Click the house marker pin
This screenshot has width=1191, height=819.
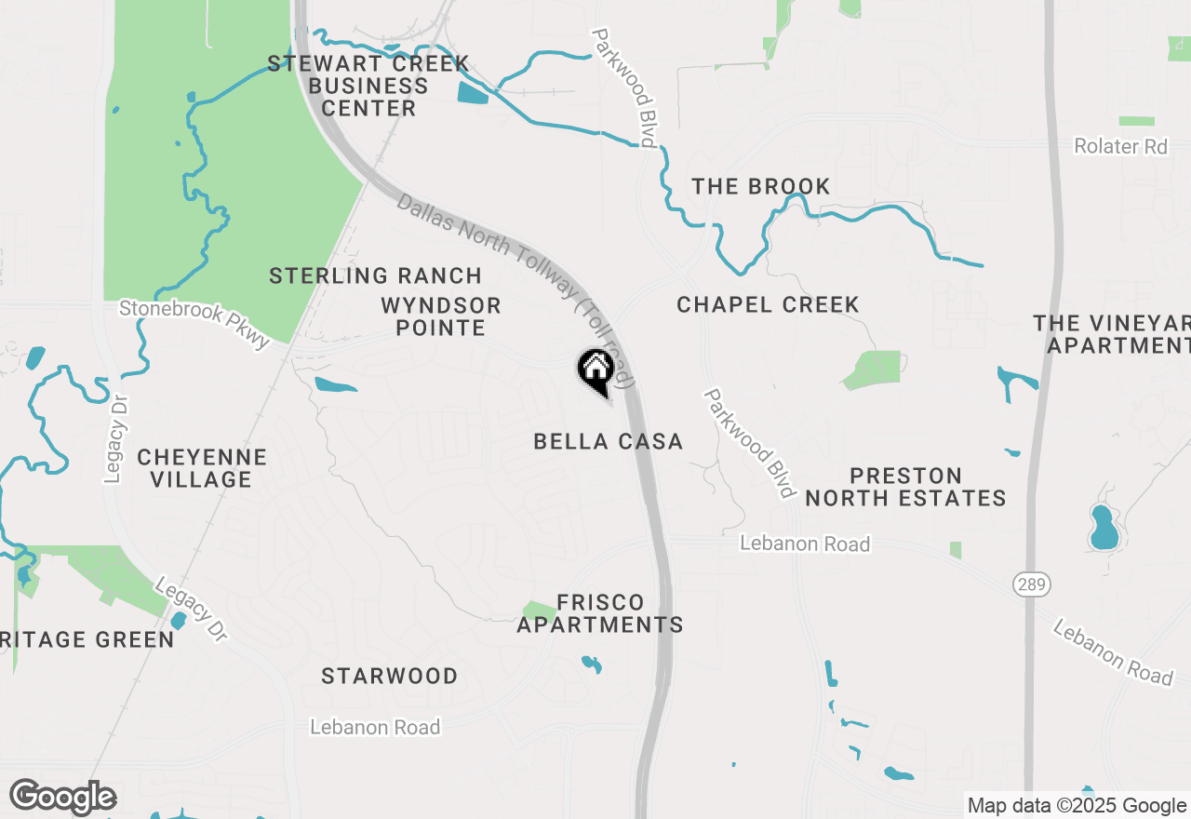595,369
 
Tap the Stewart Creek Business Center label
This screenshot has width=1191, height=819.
368,87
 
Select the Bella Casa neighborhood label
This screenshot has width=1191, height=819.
609,442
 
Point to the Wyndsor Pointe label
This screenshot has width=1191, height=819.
441,316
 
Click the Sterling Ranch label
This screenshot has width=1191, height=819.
375,276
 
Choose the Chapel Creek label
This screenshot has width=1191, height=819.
768,305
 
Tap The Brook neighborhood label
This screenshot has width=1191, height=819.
761,186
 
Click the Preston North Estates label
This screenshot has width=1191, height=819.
905,487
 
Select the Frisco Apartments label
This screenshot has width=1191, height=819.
600,613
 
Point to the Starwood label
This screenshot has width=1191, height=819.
389,677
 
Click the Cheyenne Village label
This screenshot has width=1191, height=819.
202,468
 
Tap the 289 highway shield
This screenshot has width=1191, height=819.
1031,584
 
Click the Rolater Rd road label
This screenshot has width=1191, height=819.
1120,147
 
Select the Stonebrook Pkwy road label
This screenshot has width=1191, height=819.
194,322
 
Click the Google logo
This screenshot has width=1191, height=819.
62,798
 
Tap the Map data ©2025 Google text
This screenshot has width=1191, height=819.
1077,806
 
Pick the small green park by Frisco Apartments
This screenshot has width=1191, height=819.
539,611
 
